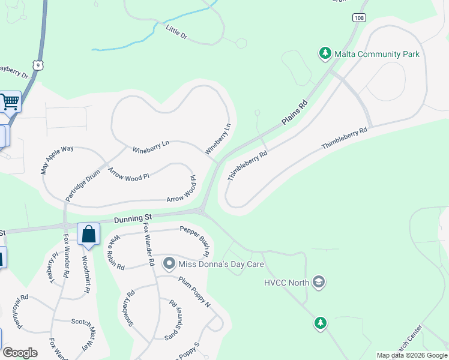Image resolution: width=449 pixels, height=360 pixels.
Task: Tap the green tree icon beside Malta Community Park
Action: tap(325, 54)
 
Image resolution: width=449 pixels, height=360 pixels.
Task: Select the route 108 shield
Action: tap(359, 19)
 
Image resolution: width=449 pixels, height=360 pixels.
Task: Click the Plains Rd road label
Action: tap(295, 113)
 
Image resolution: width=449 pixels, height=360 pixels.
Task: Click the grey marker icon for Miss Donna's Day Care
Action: tap(169, 263)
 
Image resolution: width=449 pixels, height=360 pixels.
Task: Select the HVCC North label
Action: tap(286, 283)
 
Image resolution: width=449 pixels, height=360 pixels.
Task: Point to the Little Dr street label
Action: tap(177, 32)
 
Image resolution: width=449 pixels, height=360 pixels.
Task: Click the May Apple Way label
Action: tap(57, 160)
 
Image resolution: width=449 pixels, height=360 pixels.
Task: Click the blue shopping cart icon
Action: tap(10, 102)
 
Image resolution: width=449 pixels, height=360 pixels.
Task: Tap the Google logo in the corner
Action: tap(20, 352)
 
